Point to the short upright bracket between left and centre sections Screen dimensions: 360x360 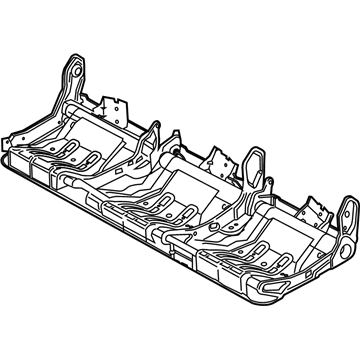[155, 130]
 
